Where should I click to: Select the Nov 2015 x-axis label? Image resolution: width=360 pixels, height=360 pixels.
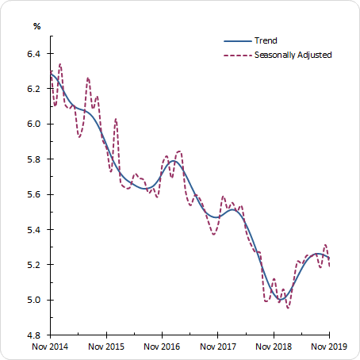pyautogui.click(x=106, y=347)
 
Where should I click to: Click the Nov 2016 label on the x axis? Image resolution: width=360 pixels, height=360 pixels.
pyautogui.click(x=162, y=347)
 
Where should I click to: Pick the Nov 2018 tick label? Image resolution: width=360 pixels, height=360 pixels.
pyautogui.click(x=273, y=347)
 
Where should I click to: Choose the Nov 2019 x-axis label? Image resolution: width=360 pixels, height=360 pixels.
pyautogui.click(x=328, y=347)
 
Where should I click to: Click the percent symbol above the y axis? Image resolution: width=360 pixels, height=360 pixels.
pyautogui.click(x=36, y=26)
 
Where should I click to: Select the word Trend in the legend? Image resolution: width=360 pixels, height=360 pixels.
pyautogui.click(x=265, y=40)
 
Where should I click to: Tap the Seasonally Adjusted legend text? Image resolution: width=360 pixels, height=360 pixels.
pyautogui.click(x=293, y=55)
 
